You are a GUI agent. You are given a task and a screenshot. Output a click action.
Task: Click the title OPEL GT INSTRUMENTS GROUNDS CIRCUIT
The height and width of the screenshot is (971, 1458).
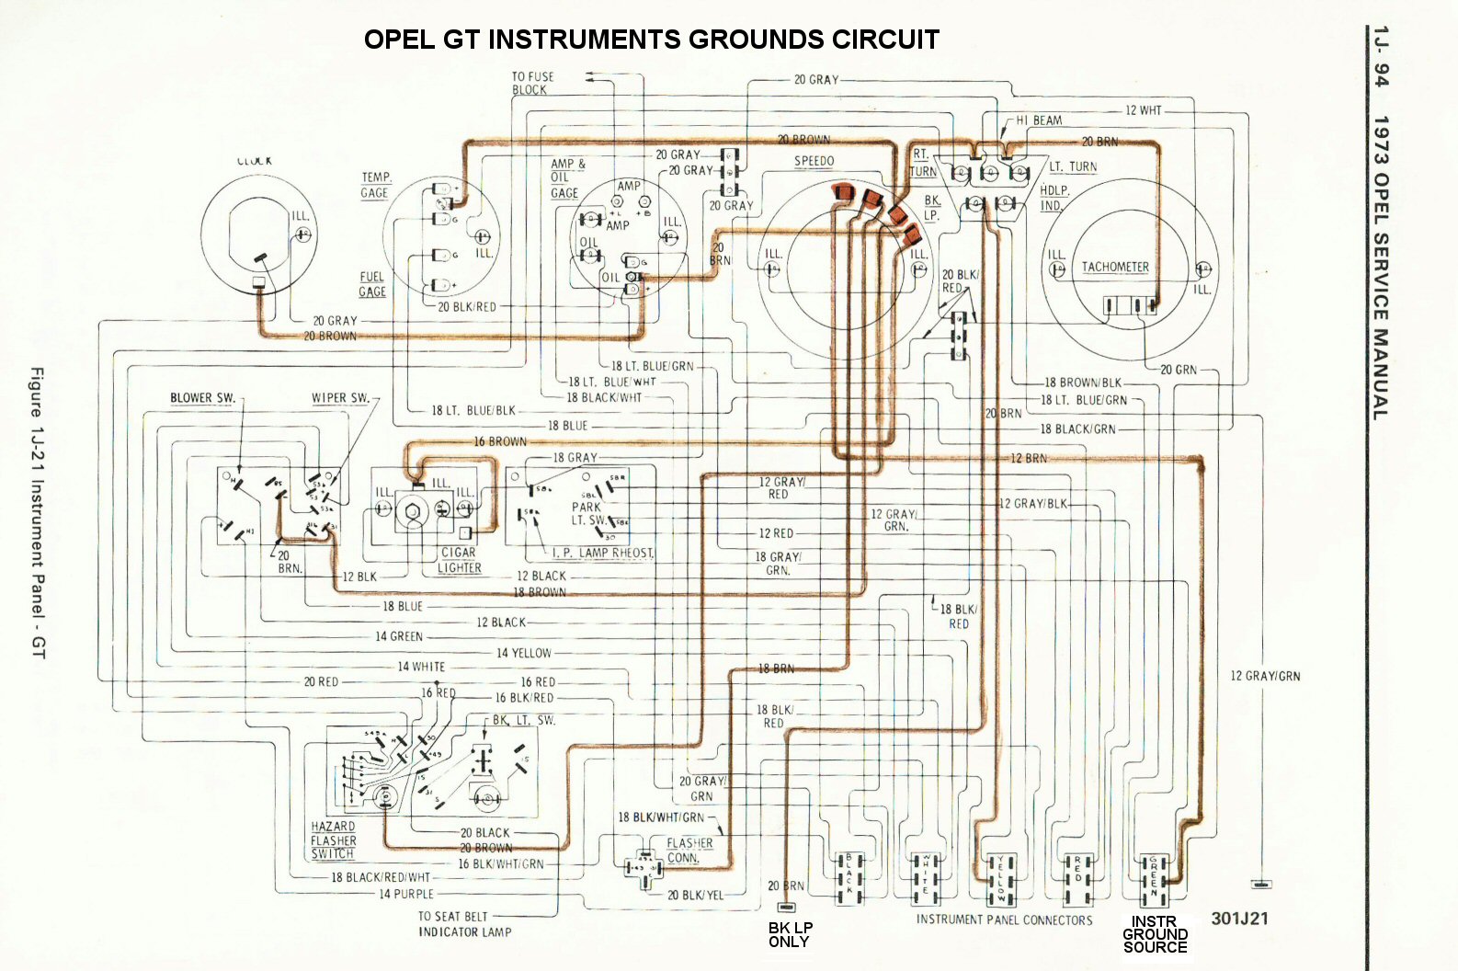pos(651,40)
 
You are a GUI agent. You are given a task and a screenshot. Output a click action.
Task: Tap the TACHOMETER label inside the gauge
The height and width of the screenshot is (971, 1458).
pos(1115,267)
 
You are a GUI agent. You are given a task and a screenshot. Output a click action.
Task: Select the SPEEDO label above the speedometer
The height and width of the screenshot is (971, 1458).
pos(814,162)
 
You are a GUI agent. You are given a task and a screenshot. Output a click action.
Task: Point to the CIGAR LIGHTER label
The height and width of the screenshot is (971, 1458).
pos(459,560)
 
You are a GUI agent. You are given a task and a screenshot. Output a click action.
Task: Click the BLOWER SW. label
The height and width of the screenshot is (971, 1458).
pos(202,398)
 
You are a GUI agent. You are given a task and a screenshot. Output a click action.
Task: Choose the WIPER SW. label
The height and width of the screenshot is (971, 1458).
pos(340,398)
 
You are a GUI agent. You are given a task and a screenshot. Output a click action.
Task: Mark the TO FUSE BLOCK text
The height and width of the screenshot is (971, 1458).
pos(532,84)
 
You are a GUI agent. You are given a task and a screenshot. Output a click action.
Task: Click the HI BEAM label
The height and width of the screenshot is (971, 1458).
pos(1039,120)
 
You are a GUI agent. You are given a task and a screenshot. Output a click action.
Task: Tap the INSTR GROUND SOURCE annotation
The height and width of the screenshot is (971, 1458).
pos(1155,934)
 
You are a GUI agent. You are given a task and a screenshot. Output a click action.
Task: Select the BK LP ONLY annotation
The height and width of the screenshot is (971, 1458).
pos(789,935)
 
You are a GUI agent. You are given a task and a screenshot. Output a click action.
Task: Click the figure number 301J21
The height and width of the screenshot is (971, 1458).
pos(1239,919)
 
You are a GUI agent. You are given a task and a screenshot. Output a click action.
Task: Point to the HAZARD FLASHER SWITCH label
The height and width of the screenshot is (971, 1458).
pos(333,840)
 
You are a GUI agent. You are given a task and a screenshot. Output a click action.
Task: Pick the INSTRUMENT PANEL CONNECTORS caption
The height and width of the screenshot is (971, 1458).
pos(1004,920)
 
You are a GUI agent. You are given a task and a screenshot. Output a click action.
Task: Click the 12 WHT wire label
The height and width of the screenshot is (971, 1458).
pos(1144,110)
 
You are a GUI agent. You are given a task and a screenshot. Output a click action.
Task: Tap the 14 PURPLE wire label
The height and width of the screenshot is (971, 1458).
pos(406,894)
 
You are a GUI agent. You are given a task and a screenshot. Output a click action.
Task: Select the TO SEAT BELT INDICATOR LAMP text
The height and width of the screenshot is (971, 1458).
pos(463,924)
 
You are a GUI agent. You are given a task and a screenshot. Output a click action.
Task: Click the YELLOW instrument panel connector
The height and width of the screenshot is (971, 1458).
pos(1001,878)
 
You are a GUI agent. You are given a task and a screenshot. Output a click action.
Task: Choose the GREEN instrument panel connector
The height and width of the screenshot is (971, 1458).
pos(1155,878)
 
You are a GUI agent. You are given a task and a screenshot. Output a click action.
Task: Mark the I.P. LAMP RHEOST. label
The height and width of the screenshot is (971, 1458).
pos(603,554)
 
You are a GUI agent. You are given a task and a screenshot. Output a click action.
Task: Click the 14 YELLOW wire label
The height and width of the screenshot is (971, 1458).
pos(524,653)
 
